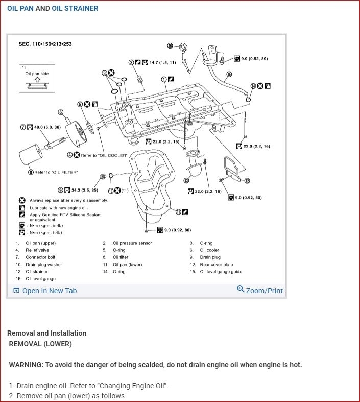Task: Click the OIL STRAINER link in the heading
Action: pos(75,8)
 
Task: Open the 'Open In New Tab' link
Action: pos(45,291)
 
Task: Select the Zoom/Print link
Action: pos(260,290)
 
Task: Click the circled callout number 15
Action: pos(229,74)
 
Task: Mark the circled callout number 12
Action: pos(247,180)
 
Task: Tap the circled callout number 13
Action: pos(186,180)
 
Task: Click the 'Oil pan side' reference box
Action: pos(37,78)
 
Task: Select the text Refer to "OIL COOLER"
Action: pos(104,155)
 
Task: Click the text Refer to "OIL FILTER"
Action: pos(56,172)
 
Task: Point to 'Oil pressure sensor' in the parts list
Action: pos(132,243)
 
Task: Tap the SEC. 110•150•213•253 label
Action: pos(45,44)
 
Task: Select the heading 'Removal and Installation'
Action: pos(47,333)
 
